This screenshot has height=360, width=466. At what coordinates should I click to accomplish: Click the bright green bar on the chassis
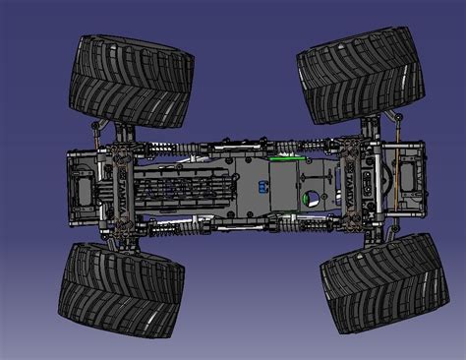tap(284, 155)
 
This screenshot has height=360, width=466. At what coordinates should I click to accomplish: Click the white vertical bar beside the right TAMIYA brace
tap(374, 183)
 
